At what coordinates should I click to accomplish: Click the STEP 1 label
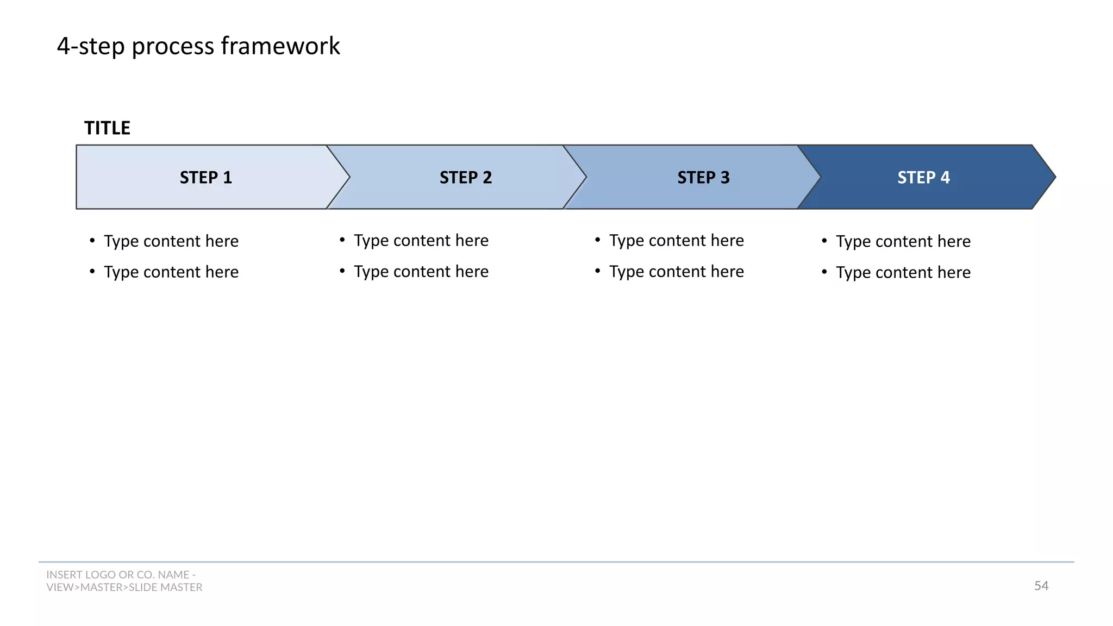(x=205, y=178)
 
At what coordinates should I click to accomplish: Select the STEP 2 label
(x=465, y=178)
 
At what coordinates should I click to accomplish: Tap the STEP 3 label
(x=703, y=178)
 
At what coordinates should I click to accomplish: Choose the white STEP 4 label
(x=923, y=178)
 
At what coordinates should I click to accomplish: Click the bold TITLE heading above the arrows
(x=107, y=128)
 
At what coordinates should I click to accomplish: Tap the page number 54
(x=1041, y=586)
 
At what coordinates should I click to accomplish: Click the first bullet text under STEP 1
(x=171, y=241)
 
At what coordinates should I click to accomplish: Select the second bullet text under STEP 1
(x=171, y=272)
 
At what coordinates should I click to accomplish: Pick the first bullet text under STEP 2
(x=421, y=241)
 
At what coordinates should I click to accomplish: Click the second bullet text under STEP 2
(x=421, y=272)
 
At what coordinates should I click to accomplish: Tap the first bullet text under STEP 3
(x=676, y=241)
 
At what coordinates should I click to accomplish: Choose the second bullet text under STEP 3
(x=676, y=272)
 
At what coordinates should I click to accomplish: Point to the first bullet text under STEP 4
(x=903, y=241)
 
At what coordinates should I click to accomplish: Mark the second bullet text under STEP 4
(x=903, y=272)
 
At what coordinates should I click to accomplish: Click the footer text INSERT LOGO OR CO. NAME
(x=121, y=575)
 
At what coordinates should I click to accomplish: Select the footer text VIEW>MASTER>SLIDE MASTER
(x=124, y=587)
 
